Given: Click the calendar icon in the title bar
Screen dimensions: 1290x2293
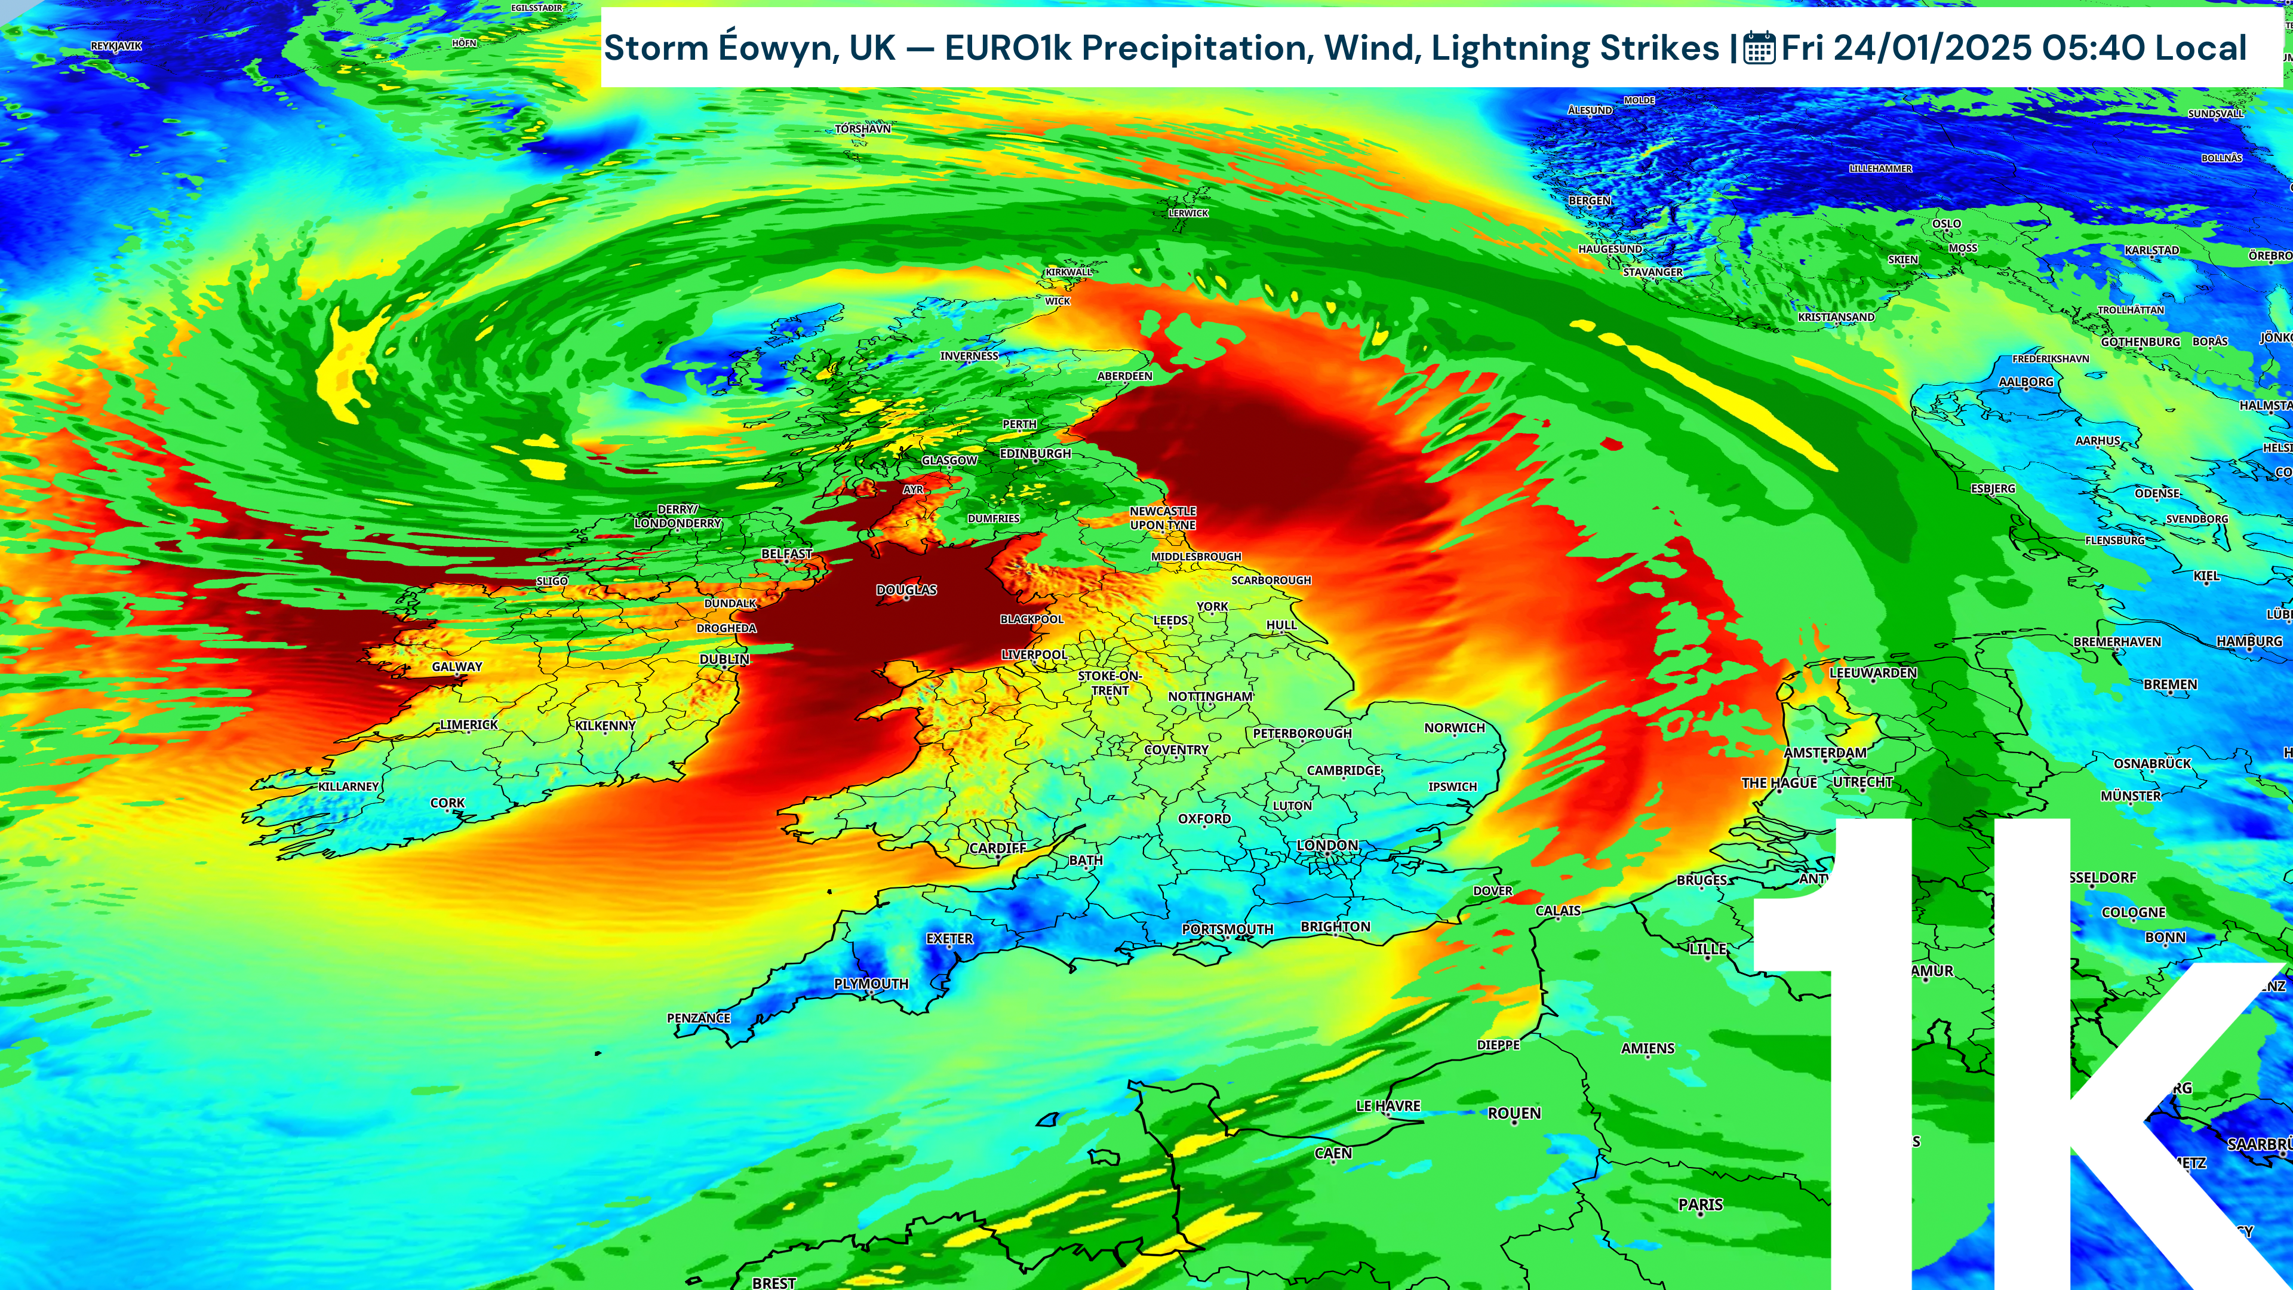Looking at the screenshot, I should pos(1759,48).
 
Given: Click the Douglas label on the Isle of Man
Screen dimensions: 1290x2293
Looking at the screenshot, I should pos(906,590).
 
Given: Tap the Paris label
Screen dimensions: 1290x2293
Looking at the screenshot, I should pos(1700,1205).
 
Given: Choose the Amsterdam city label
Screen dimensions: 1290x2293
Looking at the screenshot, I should pos(1825,753).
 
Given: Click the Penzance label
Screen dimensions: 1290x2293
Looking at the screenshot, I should pos(699,1018).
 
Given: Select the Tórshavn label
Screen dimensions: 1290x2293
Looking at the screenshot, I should pos(862,129).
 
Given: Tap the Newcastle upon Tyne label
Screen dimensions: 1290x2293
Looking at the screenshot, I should pos(1163,518).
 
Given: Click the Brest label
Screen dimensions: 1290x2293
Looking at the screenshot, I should pos(773,1283).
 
